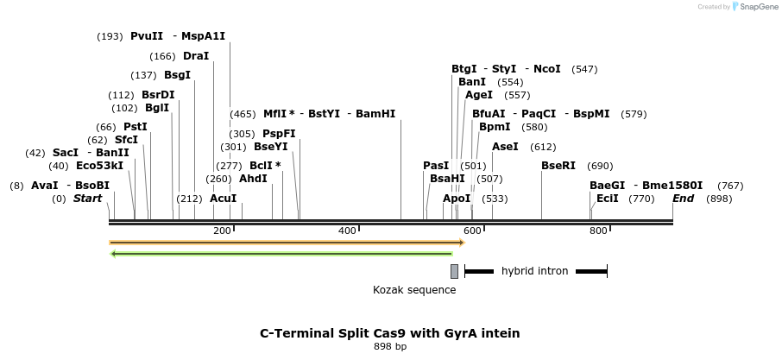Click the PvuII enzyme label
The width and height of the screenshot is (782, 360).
pos(147,36)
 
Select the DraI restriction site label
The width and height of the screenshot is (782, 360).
pos(196,56)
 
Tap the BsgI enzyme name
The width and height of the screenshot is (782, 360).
pos(177,75)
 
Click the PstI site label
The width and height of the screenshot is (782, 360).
pos(136,127)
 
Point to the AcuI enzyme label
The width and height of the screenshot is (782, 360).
pos(224,199)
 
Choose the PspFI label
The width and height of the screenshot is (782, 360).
pos(279,134)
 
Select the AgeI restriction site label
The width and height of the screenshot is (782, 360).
pos(479,95)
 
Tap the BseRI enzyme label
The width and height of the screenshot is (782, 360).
pos(558,166)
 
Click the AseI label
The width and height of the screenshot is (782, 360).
pos(505,147)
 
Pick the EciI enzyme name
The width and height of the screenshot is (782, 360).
pos(608,199)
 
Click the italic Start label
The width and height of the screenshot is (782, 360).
pos(87,199)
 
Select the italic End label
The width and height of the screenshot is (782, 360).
pos(683,199)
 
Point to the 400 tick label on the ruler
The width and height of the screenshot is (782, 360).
pos(347,231)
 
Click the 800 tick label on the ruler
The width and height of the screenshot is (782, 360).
pos(597,231)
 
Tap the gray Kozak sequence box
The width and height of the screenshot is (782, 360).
pos(454,271)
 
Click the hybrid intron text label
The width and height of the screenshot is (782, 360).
pos(534,271)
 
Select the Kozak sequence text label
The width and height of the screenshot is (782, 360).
pos(414,290)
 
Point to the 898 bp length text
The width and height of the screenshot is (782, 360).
pos(390,347)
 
